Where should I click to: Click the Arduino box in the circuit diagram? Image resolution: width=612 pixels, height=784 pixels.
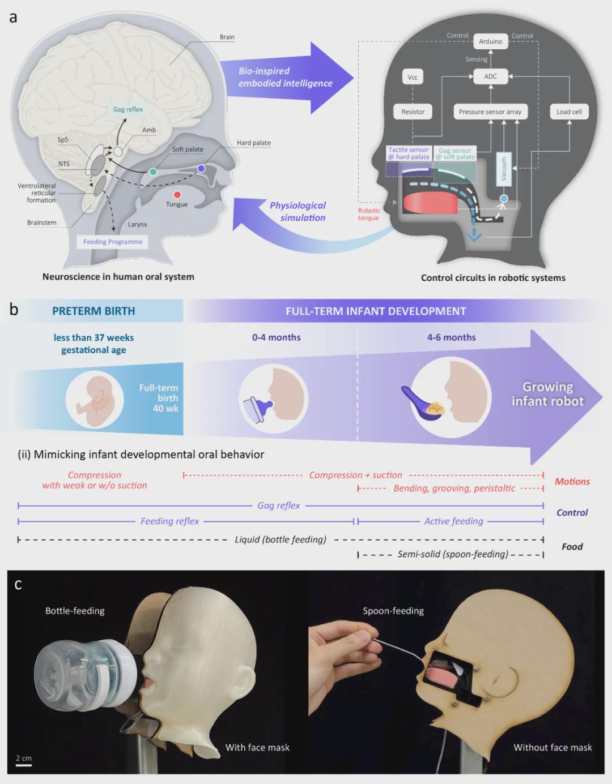coord(490,41)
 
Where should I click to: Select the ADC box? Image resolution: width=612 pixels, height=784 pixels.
coord(490,76)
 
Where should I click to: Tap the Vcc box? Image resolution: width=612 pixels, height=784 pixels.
coord(413,77)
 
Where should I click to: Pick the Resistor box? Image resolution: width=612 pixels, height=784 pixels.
coord(413,112)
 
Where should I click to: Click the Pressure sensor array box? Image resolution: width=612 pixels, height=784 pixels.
coord(490,112)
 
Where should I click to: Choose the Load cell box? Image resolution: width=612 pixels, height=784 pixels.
coord(569,112)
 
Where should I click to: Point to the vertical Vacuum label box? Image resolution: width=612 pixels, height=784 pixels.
coord(504,169)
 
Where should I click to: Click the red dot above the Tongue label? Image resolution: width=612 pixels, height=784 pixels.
coord(177,195)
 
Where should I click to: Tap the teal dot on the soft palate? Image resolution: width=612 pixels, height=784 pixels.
coord(153,172)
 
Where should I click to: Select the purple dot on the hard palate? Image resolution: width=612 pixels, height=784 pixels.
coord(201,169)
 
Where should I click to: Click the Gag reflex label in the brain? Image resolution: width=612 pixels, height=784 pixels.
coord(127,109)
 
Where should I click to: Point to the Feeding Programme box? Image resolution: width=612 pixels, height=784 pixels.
coord(113,242)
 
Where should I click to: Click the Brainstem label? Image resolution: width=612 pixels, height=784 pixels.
coord(42,222)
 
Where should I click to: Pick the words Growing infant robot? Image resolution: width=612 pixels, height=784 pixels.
coord(547,394)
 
